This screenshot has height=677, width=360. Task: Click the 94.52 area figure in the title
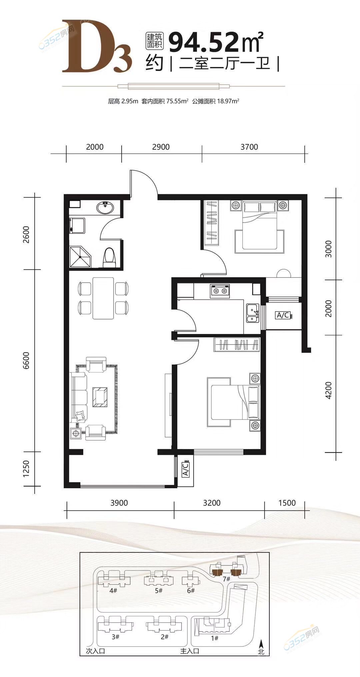pos(204,43)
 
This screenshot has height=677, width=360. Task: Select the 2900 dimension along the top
pos(161,147)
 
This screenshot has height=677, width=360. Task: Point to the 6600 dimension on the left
pos(26,360)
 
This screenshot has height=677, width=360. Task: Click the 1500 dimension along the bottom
pos(287,503)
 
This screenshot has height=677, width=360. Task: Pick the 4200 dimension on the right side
pos(328,390)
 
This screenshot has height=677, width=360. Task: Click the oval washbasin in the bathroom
pos(105,208)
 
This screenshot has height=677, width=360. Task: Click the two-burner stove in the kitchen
pos(220,291)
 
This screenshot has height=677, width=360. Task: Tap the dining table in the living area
pos(103,298)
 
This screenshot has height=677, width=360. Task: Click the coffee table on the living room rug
pos(100,397)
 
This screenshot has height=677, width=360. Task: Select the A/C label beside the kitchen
pos(283,315)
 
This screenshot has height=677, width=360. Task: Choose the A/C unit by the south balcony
pos(186,469)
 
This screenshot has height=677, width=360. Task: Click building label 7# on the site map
pos(227,579)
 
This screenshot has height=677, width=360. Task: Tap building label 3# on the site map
pos(115,637)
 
